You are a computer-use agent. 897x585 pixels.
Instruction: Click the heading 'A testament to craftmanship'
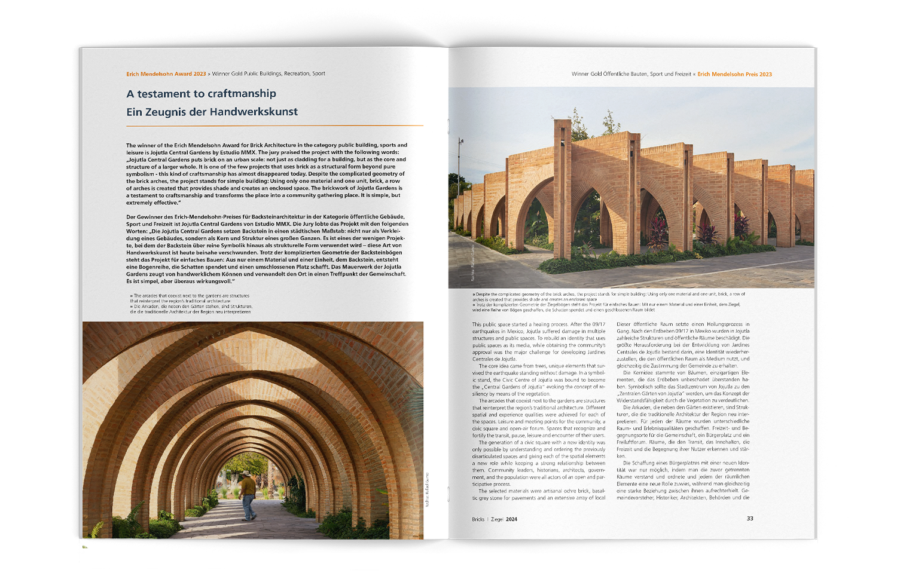[x=201, y=94]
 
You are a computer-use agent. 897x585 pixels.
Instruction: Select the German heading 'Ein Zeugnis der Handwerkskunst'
[x=212, y=112]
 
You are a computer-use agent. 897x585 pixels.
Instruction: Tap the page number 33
[x=750, y=519]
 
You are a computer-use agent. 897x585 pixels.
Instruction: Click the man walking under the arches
[x=248, y=495]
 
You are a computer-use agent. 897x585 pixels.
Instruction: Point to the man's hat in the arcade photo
[x=245, y=473]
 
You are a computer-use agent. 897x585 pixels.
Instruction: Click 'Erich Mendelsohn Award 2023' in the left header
[x=166, y=74]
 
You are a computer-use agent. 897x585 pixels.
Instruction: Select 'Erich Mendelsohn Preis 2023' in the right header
[x=734, y=75]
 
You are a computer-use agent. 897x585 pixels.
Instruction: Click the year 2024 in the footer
[x=511, y=519]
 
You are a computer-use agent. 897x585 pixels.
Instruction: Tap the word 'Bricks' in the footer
[x=478, y=519]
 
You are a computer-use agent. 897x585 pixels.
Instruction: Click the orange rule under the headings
[x=274, y=125]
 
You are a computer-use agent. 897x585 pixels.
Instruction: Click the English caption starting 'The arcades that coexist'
[x=190, y=298]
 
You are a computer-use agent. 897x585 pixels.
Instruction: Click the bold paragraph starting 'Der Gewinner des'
[x=267, y=249]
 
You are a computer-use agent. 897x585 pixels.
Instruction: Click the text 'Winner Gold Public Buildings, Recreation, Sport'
[x=269, y=74]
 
